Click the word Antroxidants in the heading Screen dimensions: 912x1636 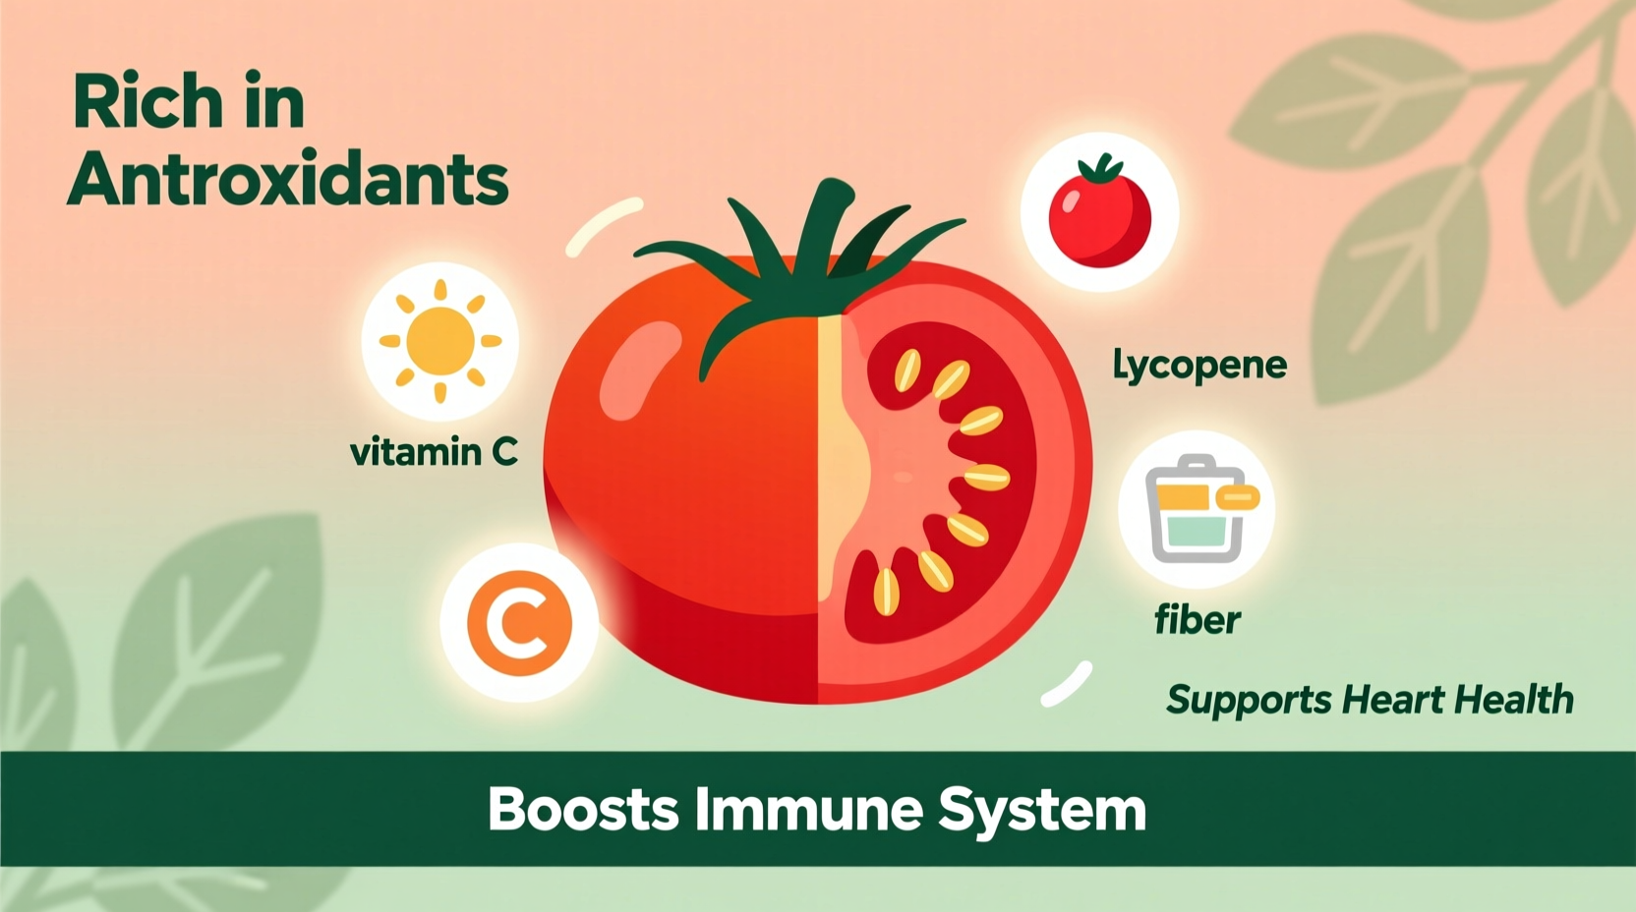click(288, 179)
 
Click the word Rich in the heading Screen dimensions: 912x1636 click(147, 102)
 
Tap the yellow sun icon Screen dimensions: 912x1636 click(439, 341)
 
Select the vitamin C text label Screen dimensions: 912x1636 click(434, 452)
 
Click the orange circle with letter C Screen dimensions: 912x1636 click(518, 622)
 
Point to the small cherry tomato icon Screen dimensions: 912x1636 click(1099, 216)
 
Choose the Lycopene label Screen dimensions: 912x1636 click(1199, 366)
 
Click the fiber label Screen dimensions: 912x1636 click(1197, 620)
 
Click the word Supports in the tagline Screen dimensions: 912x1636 click(1249, 701)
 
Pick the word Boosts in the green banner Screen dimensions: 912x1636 click(583, 810)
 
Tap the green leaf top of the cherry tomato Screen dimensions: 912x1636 click(1100, 169)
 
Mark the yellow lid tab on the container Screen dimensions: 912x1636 click(1238, 498)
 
